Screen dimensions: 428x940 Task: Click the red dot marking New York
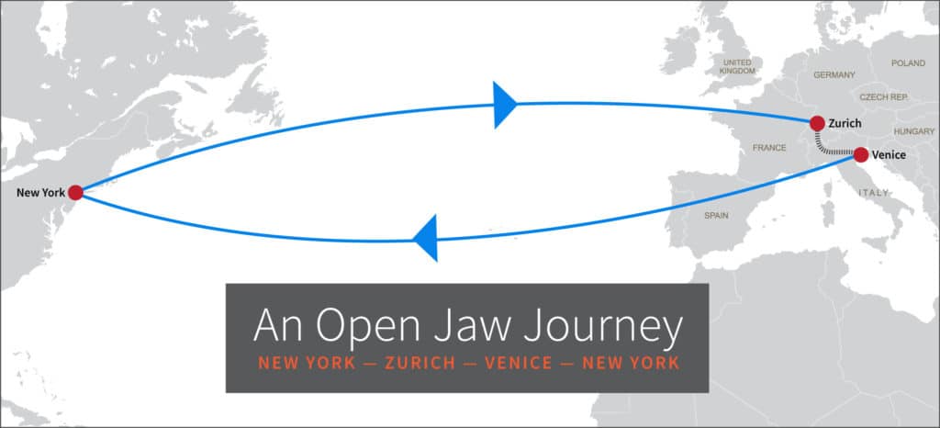(75, 192)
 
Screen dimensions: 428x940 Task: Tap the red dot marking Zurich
(817, 123)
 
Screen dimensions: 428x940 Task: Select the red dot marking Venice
(860, 154)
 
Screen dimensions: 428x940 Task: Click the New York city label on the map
(40, 193)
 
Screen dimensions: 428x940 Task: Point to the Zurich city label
(845, 123)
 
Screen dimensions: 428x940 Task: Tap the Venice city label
(888, 154)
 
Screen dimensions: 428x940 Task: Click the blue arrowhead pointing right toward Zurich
(504, 104)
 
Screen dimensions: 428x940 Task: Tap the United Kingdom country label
(737, 66)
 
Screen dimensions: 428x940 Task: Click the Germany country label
(834, 74)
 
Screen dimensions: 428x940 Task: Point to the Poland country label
(908, 63)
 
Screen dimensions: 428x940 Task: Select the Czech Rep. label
(883, 96)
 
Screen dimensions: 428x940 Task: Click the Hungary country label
(913, 131)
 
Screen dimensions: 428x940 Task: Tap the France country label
(769, 147)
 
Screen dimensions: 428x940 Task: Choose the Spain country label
(716, 215)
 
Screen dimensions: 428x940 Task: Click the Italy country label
(873, 193)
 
